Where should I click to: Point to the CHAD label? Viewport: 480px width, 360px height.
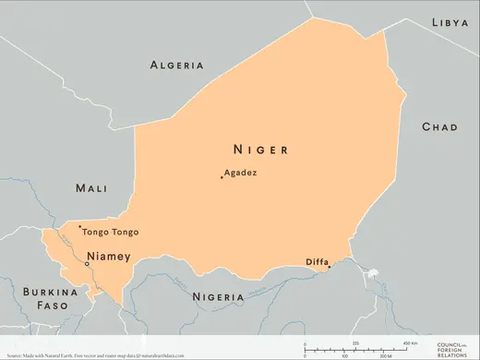point(439,126)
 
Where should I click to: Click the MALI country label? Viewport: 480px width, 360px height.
point(91,187)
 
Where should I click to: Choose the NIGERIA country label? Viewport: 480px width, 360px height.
point(219,296)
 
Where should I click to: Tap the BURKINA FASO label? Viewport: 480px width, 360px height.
point(46,297)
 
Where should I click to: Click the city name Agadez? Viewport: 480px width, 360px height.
point(241,173)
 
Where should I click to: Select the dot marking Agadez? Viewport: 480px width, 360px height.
point(222,176)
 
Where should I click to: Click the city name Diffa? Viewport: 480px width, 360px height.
point(317,262)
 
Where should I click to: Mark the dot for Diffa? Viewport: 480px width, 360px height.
point(329,268)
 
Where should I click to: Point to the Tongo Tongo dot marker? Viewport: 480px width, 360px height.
point(80,227)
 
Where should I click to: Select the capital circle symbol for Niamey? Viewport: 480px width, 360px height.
point(87,263)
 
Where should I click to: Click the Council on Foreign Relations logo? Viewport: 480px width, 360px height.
point(452,347)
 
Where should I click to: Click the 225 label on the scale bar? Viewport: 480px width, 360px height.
point(355,342)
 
